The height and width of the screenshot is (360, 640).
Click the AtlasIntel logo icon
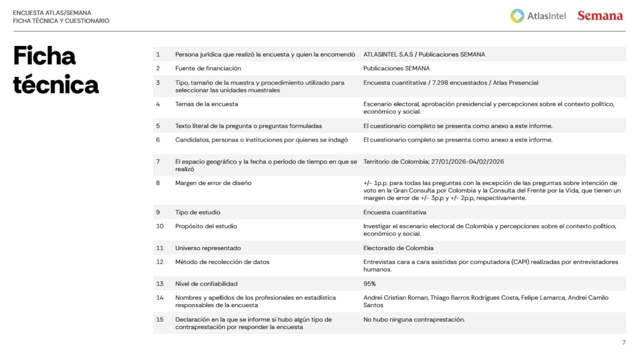click(x=517, y=16)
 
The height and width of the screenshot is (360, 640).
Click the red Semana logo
click(x=600, y=16)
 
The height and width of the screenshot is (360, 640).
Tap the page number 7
click(x=623, y=342)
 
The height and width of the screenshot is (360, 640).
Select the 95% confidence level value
click(x=369, y=284)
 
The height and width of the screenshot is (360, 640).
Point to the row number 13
click(x=160, y=284)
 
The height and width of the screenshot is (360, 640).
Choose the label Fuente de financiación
click(x=208, y=68)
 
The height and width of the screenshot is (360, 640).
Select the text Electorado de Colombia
click(x=398, y=248)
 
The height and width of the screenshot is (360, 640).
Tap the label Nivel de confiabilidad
click(x=206, y=284)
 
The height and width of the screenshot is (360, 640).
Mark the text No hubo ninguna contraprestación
click(x=414, y=319)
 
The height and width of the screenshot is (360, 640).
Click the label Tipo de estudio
click(x=197, y=212)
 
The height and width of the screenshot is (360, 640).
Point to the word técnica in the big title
click(x=55, y=85)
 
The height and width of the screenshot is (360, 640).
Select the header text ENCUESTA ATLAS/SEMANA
click(x=52, y=12)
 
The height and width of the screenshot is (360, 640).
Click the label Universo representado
click(x=208, y=248)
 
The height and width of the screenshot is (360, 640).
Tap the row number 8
click(x=158, y=183)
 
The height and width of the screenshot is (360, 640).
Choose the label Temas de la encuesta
click(x=206, y=104)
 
